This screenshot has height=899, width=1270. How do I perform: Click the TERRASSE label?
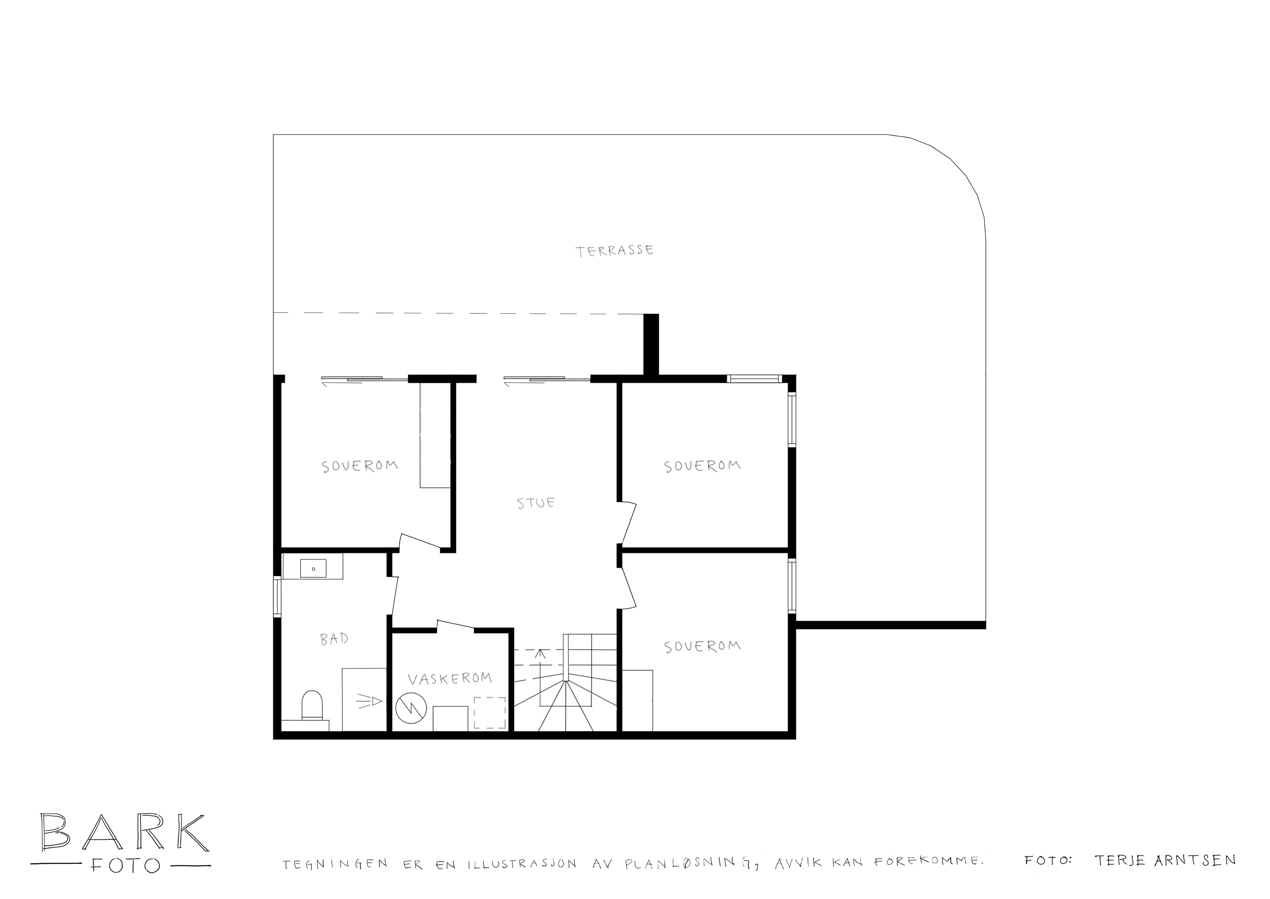(615, 251)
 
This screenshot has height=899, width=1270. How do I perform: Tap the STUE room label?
(536, 503)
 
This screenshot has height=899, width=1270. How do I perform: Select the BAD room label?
(334, 639)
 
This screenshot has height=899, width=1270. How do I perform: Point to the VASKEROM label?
(450, 679)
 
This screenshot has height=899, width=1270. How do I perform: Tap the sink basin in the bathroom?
(313, 568)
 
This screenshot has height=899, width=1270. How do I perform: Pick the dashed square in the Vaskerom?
(489, 713)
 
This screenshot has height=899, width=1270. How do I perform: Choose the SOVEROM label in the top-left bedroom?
(360, 466)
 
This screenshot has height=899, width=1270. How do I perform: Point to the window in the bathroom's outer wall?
(277, 597)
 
